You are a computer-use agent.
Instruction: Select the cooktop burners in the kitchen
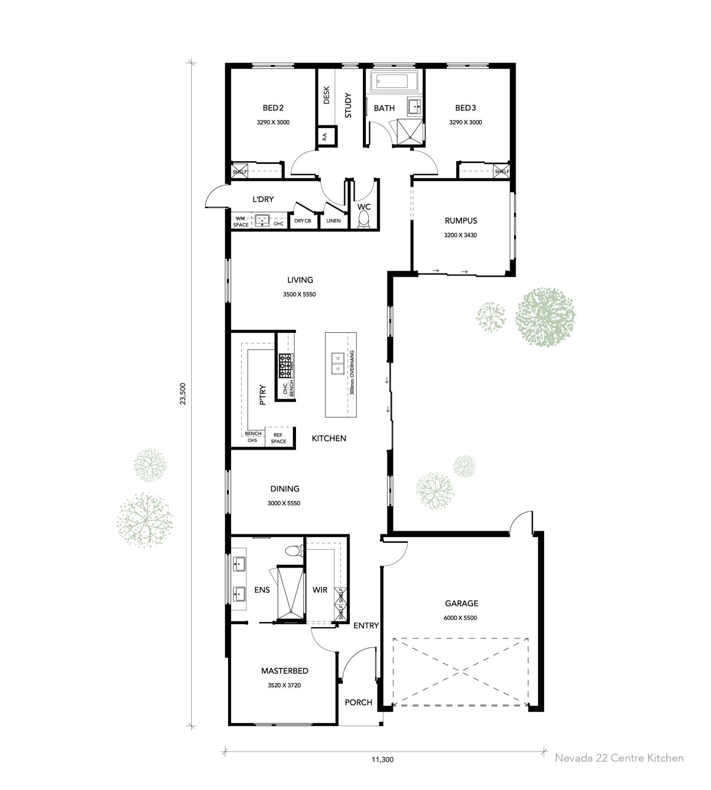[285, 366]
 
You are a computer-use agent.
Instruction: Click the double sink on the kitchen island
[337, 363]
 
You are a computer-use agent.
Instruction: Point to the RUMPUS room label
[461, 221]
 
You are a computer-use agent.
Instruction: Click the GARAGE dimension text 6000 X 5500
[461, 618]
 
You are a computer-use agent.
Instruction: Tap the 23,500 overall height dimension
[183, 393]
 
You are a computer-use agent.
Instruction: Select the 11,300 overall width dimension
[382, 759]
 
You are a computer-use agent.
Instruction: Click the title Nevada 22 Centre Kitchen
[619, 758]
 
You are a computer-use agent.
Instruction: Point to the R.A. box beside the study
[325, 136]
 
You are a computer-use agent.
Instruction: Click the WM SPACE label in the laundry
[241, 222]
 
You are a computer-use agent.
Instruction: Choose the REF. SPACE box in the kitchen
[279, 438]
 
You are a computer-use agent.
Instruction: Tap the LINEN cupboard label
[333, 221]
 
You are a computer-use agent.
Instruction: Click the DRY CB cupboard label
[302, 221]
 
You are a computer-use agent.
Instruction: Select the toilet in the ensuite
[293, 551]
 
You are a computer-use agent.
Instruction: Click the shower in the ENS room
[291, 592]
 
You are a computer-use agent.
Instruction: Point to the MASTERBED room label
[284, 671]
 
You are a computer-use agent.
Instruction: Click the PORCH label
[358, 703]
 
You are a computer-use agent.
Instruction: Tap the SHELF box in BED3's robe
[501, 171]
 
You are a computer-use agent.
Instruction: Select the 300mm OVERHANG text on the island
[352, 373]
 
